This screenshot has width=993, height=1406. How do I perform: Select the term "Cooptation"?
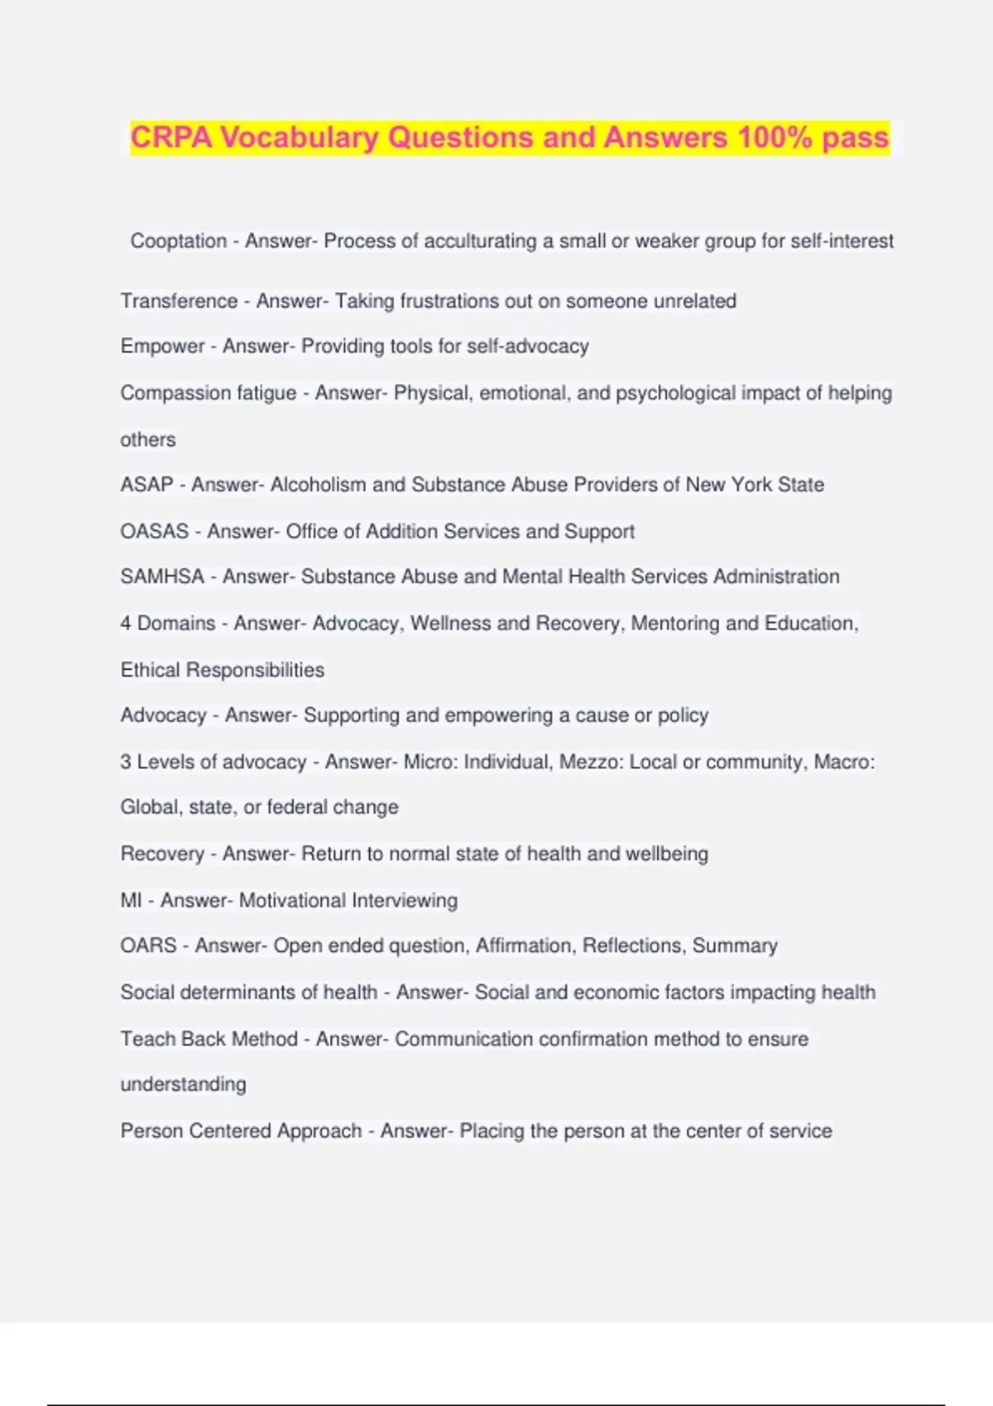[x=178, y=241]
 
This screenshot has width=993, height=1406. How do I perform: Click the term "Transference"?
[x=179, y=301]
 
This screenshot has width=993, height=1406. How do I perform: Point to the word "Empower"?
[x=162, y=346]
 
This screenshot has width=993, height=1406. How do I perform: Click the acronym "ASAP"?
[x=146, y=485]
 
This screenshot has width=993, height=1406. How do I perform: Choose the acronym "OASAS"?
[x=155, y=531]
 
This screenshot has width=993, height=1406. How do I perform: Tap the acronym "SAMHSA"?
[x=162, y=576]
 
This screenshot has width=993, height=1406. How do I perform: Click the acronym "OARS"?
[x=148, y=945]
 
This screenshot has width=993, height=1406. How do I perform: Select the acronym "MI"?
[x=131, y=900]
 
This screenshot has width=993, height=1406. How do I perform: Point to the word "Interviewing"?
[x=405, y=900]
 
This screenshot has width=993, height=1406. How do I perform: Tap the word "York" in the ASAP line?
[x=751, y=485]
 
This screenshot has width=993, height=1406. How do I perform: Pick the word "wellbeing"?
[x=667, y=854]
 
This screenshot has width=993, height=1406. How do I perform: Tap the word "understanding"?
[x=183, y=1084]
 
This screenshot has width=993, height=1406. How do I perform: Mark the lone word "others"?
[x=148, y=440]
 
